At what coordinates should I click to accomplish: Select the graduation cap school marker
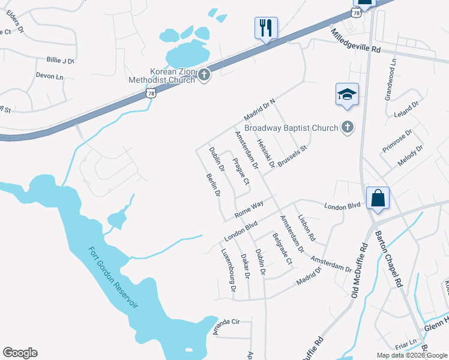point(347,95)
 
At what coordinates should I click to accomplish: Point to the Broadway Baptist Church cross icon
point(346,127)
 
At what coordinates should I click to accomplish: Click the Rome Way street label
point(249,209)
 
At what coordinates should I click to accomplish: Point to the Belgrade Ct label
point(282,248)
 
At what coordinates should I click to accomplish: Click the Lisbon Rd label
point(306,228)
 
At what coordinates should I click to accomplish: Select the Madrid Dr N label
point(259,109)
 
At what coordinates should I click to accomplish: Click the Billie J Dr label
point(61,61)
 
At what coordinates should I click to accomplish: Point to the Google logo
point(20,353)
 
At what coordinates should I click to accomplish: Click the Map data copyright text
point(411,355)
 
